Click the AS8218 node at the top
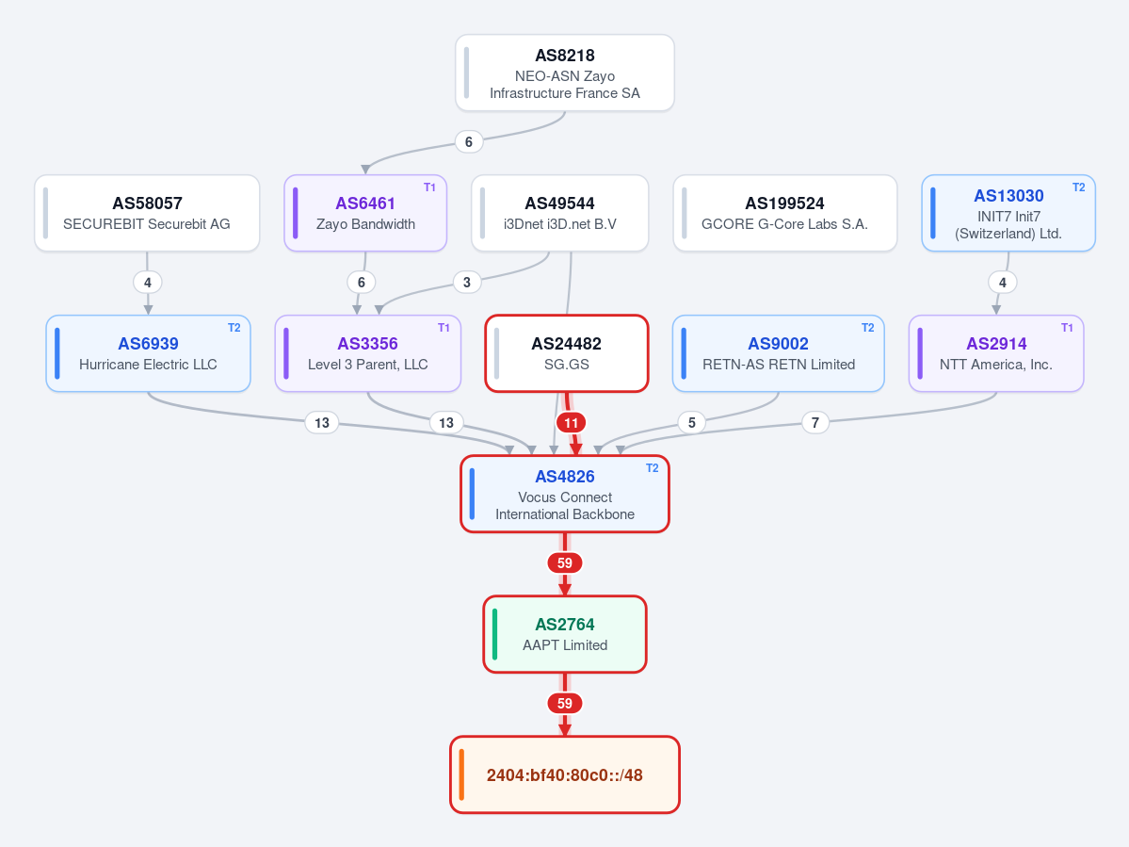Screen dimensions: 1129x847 click(565, 73)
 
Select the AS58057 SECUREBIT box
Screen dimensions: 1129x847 click(147, 213)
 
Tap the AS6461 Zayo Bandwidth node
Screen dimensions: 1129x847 click(365, 213)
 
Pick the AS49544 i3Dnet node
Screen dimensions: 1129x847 click(559, 213)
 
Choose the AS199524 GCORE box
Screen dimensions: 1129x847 click(784, 213)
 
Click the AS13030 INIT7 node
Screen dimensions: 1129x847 click(1008, 213)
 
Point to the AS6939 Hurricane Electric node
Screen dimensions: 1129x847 click(149, 353)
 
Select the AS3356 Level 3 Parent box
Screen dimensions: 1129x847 click(368, 353)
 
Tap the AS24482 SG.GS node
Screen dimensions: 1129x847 click(567, 353)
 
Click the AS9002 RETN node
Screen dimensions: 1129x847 click(779, 353)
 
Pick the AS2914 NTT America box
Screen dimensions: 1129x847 click(996, 353)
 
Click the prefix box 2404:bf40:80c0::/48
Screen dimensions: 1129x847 click(565, 775)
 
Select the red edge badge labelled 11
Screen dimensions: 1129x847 click(571, 423)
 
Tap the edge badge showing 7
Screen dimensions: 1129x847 click(815, 423)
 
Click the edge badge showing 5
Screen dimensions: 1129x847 click(692, 423)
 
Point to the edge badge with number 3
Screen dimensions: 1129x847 click(467, 283)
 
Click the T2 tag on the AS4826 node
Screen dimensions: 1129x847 click(653, 468)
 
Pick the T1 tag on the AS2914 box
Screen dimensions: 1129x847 click(1067, 328)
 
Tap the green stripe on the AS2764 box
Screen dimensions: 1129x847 click(494, 634)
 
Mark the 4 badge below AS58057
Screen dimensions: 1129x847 click(148, 283)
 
